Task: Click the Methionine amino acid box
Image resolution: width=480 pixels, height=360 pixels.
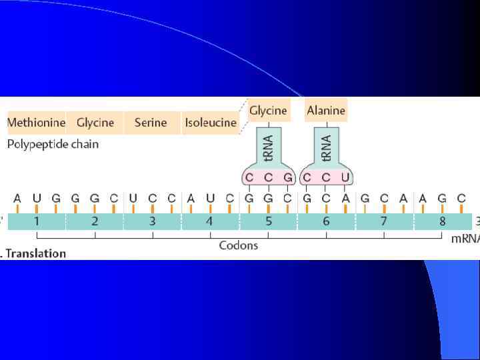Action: click(x=36, y=123)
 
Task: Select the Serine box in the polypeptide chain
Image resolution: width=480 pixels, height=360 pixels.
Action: click(x=151, y=123)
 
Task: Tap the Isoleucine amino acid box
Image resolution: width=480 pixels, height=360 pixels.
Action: click(x=211, y=123)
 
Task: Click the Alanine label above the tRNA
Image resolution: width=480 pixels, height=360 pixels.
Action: click(x=326, y=111)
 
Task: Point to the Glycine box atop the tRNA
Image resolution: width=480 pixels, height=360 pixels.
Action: click(x=268, y=111)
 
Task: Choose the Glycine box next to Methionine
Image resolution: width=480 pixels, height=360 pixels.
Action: click(x=95, y=123)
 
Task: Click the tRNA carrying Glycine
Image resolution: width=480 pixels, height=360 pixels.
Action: click(x=269, y=147)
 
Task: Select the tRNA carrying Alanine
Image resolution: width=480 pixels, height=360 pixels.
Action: click(x=326, y=147)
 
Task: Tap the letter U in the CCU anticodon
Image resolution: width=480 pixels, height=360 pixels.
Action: click(x=344, y=177)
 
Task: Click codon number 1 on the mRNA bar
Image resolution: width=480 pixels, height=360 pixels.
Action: click(x=37, y=221)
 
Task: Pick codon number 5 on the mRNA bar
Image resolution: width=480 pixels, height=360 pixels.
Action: click(x=269, y=221)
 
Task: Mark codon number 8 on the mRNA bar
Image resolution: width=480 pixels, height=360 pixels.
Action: click(x=442, y=221)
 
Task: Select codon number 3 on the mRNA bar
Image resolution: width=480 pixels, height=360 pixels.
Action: click(x=153, y=221)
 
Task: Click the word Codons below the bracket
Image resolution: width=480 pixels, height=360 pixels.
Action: click(x=239, y=245)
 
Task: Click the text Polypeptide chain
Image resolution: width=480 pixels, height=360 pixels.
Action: click(x=53, y=144)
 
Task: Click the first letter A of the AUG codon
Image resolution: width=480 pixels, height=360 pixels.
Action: click(x=17, y=198)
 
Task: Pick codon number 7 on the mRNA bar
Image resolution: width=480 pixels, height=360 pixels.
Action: click(x=384, y=221)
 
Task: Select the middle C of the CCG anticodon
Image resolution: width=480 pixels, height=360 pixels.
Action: click(x=269, y=177)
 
